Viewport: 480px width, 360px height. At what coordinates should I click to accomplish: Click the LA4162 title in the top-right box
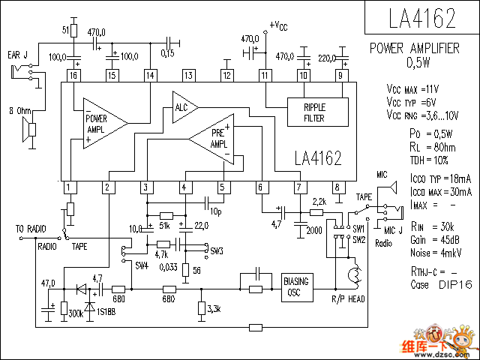[414, 17]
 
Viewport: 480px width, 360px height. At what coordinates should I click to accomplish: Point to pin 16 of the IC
[73, 75]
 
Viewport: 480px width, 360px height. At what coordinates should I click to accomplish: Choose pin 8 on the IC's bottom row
[337, 187]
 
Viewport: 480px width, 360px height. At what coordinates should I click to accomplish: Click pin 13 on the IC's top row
[188, 75]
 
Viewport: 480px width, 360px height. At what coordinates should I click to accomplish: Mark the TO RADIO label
[30, 228]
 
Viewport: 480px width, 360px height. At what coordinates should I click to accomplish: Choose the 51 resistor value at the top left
[65, 29]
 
